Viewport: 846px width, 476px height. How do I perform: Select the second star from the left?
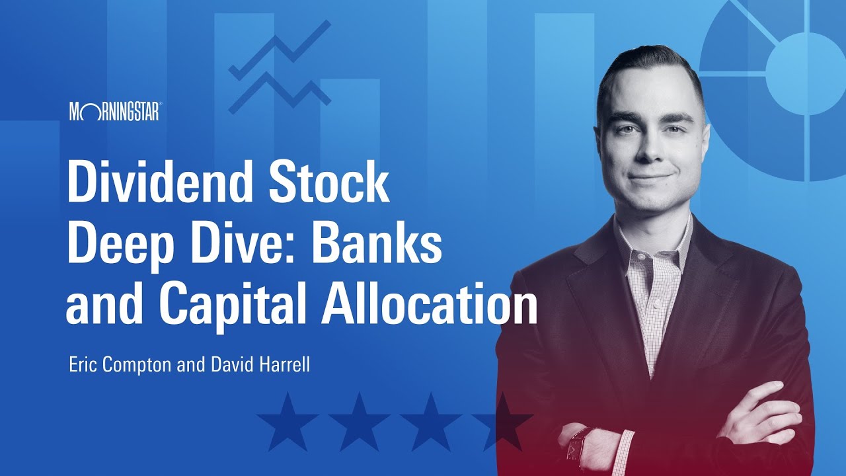click(359, 421)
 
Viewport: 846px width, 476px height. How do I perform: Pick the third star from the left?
click(430, 421)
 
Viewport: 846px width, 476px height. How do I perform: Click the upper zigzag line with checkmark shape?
click(279, 50)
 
